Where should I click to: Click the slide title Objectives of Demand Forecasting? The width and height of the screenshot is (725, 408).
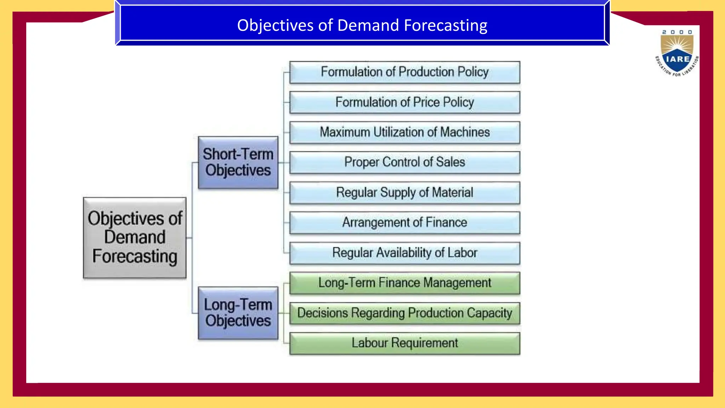362,25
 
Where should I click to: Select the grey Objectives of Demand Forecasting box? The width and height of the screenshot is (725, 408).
135,238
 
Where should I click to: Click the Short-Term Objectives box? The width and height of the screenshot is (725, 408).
238,163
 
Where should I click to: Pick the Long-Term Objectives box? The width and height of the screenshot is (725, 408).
238,313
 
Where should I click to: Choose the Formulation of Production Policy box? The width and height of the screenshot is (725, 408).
405,72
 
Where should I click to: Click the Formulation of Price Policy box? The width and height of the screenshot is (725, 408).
405,102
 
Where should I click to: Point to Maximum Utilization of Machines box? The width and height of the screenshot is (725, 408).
405,132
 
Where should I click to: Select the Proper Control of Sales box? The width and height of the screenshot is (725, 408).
405,163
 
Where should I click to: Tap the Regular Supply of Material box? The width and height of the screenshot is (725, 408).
405,193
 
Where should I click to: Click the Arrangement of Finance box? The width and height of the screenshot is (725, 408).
405,223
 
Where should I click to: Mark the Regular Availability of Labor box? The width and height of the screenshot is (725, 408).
405,253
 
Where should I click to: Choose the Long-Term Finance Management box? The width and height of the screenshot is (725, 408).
405,283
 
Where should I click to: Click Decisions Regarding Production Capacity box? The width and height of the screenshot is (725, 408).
405,313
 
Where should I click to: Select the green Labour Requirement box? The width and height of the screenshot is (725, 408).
405,343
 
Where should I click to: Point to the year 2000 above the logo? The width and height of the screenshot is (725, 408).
677,32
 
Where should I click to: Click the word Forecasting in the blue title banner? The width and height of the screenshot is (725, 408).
445,25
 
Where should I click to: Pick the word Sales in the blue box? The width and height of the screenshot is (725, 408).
450,162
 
